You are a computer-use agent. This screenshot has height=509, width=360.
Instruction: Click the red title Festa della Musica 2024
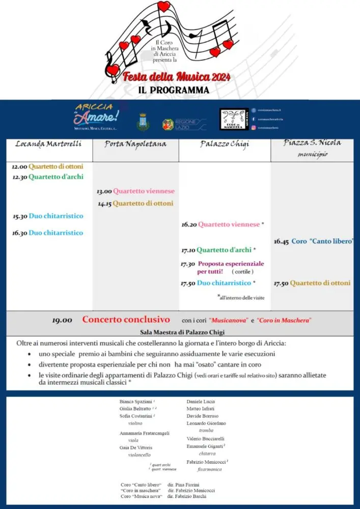pos(177,77)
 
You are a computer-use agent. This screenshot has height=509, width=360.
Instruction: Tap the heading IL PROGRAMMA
pos(174,90)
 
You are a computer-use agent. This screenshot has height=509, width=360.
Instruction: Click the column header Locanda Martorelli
pos(48,144)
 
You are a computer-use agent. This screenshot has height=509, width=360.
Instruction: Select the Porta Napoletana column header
pos(135,144)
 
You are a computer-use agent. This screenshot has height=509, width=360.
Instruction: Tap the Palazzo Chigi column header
pos(225,145)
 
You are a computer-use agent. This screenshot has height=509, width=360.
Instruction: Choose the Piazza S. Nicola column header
pos(312,143)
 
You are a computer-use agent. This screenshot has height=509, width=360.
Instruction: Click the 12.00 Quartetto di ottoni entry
pos(47,166)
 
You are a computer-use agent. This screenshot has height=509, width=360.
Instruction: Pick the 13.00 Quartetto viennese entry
pos(135,191)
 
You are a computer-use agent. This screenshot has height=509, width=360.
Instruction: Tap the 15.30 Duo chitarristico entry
pos(48,216)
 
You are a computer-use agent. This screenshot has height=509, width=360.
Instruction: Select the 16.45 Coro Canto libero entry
pos(313,241)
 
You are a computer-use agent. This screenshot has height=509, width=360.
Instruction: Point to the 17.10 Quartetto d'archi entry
pos(218,250)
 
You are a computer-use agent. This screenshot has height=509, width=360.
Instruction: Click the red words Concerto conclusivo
pos(126,320)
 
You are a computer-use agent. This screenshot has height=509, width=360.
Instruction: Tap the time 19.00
pos(62,320)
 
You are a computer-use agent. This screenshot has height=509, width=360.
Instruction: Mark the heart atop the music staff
pos(163,6)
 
